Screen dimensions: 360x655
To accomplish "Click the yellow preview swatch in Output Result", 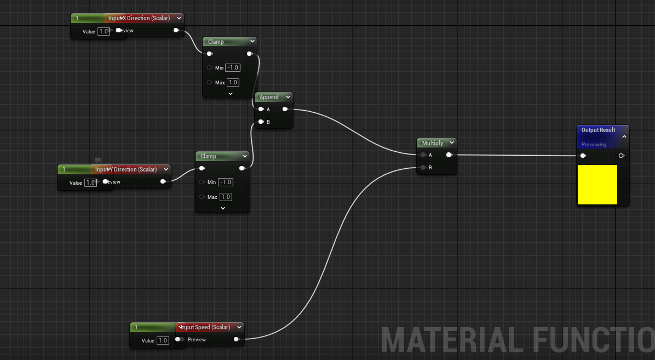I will coord(597,185).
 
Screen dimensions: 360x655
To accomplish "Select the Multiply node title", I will coord(433,143).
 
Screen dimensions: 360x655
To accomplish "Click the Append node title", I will coord(269,97).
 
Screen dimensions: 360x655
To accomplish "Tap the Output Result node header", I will coord(598,130).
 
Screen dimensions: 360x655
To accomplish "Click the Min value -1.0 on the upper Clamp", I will coord(233,67).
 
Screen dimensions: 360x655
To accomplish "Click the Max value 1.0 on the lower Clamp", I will coord(226,197).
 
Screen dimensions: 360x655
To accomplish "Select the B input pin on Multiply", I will coord(423,167).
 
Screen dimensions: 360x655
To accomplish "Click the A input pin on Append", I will coord(261,109).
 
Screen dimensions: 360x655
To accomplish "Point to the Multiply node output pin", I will coord(449,155).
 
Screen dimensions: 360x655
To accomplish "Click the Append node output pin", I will coord(285,109).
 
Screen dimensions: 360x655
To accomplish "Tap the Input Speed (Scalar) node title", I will coord(205,327).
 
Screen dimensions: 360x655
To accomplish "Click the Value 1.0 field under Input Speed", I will coord(163,340).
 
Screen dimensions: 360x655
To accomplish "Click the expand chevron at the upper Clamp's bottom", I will coord(230,94).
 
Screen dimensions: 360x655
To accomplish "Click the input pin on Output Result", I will coord(583,156).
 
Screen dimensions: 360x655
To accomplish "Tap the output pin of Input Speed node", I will coord(236,339).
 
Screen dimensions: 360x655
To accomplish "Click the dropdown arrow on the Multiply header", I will coord(451,142).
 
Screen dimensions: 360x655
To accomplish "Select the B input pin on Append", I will coord(261,122).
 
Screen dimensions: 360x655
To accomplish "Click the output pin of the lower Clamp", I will coord(242,168).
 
